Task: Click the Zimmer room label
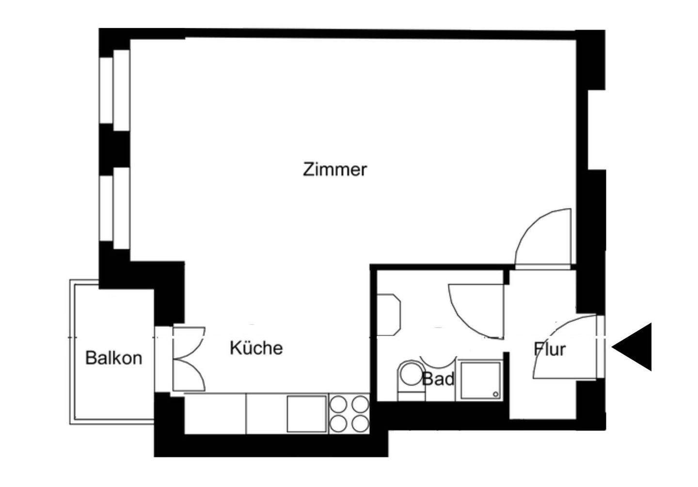point(334,170)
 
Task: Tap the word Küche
point(256,348)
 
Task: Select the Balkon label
point(113,358)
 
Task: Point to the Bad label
point(438,379)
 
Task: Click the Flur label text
point(550,349)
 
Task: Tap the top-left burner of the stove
point(338,404)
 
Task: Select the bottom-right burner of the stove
point(360,424)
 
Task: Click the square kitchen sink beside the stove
point(306,414)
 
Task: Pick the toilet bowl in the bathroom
point(410,376)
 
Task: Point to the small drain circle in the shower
point(495,395)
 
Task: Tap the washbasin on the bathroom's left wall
point(389,314)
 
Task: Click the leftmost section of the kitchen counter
point(215,413)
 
